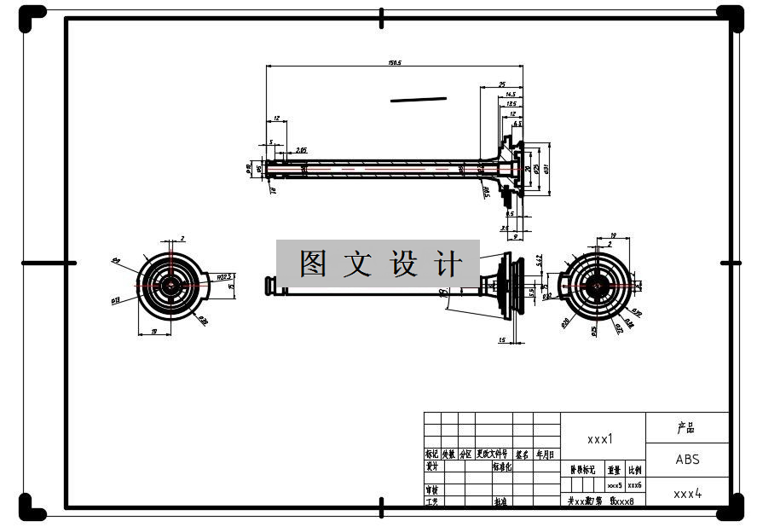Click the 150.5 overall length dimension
tap(395, 62)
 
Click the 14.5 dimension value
tap(511, 94)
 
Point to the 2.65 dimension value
tap(301, 150)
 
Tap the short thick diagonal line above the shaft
tap(419, 99)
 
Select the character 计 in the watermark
tap(448, 263)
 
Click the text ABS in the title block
tap(687, 459)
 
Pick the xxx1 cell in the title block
tap(600, 439)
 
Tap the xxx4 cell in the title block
tap(687, 493)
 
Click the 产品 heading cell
tap(687, 427)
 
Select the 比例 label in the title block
tap(635, 469)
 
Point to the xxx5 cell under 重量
tap(615, 484)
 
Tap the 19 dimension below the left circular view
tap(154, 331)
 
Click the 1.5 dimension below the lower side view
tap(502, 340)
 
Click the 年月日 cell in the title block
tap(546, 455)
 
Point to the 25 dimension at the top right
tap(502, 84)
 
